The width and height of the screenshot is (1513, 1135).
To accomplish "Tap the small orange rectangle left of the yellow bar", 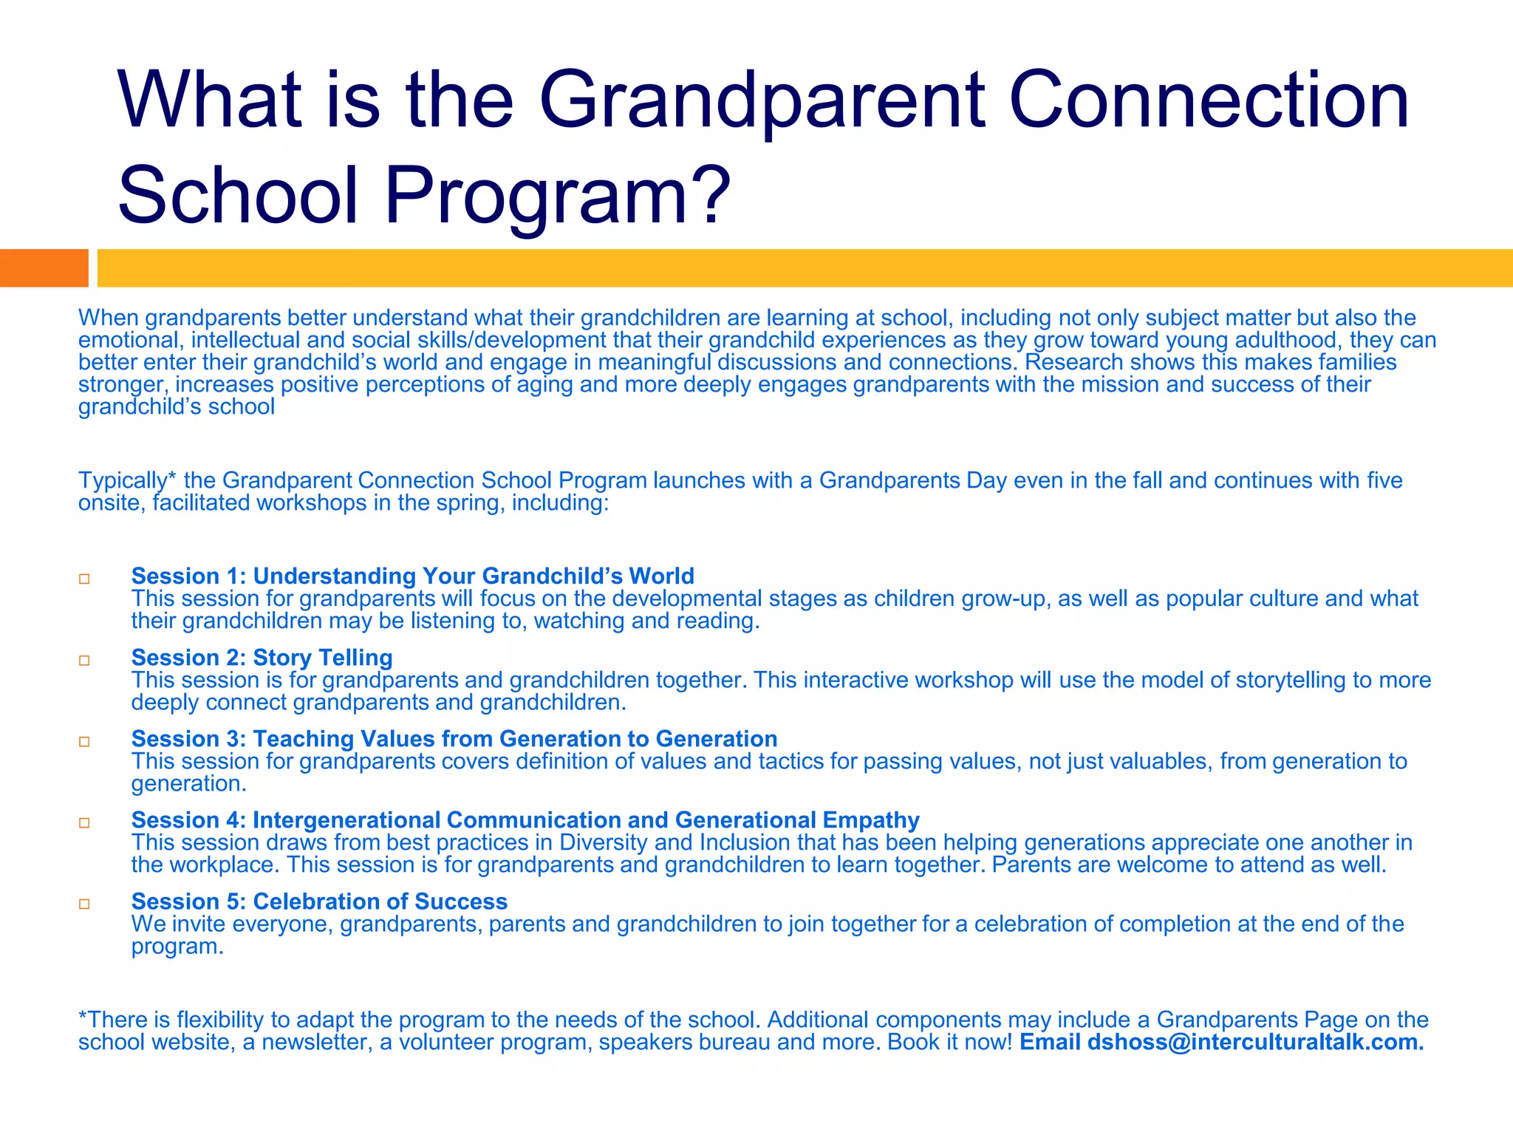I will pyautogui.click(x=44, y=267).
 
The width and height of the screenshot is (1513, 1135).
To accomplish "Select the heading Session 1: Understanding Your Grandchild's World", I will pyautogui.click(x=412, y=576).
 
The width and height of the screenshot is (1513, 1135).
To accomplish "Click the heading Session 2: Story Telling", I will pyautogui.click(x=262, y=657).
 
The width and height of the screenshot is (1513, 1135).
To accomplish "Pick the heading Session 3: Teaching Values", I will pyautogui.click(x=454, y=738).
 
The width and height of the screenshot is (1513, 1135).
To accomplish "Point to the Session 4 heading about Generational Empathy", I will pyautogui.click(x=525, y=819).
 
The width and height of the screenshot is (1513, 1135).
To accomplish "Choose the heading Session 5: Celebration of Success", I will pyautogui.click(x=319, y=901).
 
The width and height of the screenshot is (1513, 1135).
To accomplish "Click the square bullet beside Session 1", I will pyautogui.click(x=84, y=579).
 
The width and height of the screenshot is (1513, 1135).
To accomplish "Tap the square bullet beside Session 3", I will pyautogui.click(x=84, y=741).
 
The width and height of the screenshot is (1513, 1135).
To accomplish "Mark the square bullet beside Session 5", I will pyautogui.click(x=84, y=904).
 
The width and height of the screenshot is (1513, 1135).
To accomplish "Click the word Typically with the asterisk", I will pyautogui.click(x=127, y=480).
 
